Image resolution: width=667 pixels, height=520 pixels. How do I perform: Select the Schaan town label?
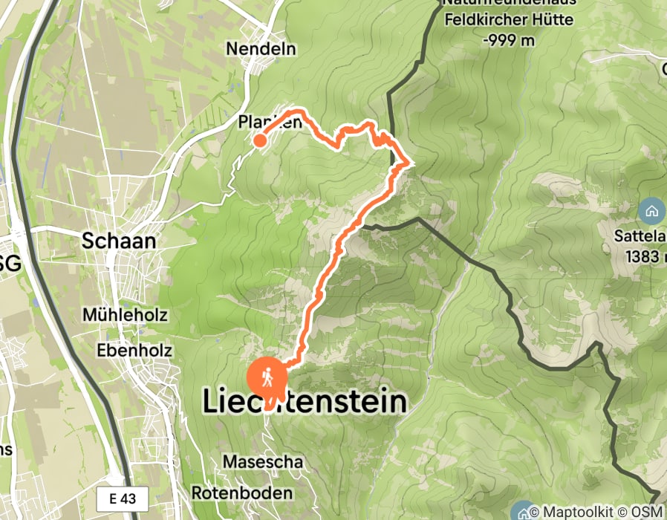click(120, 241)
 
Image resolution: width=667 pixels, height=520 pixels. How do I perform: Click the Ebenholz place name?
click(134, 349)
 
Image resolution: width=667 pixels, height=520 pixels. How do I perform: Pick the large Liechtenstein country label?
click(305, 402)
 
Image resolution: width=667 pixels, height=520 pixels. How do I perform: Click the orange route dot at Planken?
click(260, 140)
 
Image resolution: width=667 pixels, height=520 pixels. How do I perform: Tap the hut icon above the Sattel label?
click(651, 210)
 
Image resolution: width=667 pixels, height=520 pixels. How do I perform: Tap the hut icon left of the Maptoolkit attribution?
click(523, 511)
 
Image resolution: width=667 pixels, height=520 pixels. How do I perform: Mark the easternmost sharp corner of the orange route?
click(408, 162)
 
